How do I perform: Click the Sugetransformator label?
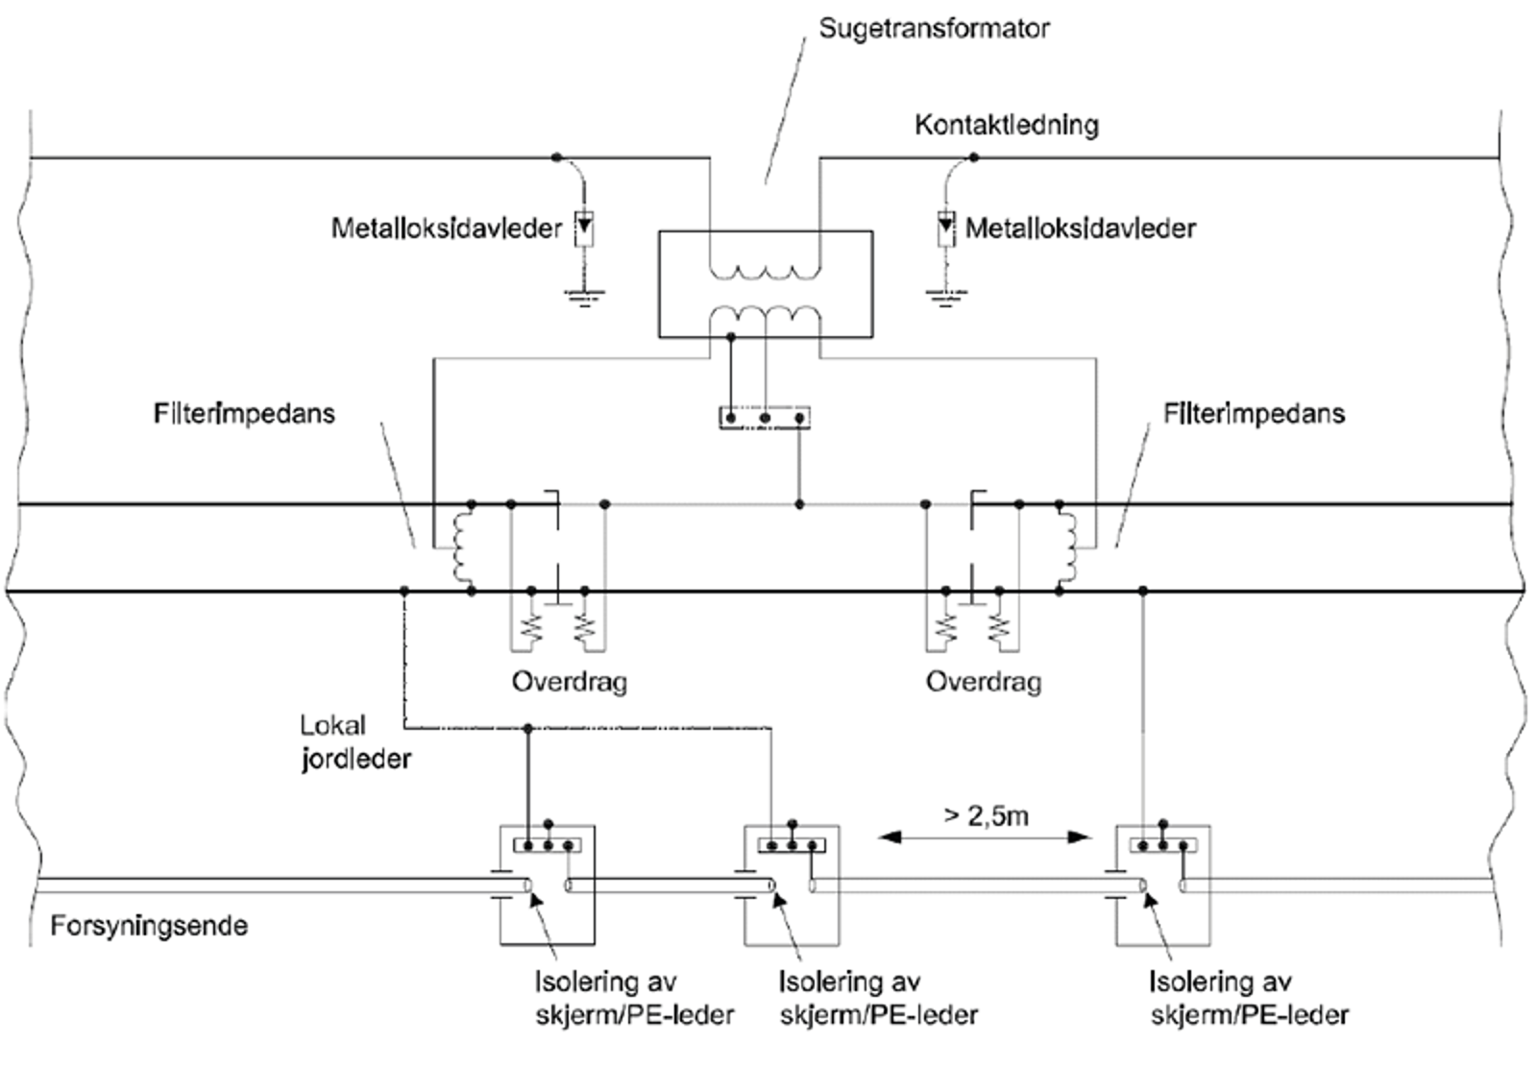point(933,29)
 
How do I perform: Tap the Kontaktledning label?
point(1006,125)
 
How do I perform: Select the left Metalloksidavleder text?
point(446,229)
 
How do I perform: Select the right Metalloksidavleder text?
point(1080,229)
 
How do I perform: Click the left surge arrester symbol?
point(583,229)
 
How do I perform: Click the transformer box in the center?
point(765,284)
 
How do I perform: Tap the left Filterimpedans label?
point(244,414)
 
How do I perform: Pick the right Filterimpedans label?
point(1254,414)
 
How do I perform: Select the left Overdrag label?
point(569,682)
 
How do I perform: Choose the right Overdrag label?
point(983,682)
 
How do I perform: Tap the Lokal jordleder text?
point(354,742)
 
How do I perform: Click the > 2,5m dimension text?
point(986,816)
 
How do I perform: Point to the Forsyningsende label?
point(149,927)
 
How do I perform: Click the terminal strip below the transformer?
point(765,418)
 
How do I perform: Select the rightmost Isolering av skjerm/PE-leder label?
point(1249,999)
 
